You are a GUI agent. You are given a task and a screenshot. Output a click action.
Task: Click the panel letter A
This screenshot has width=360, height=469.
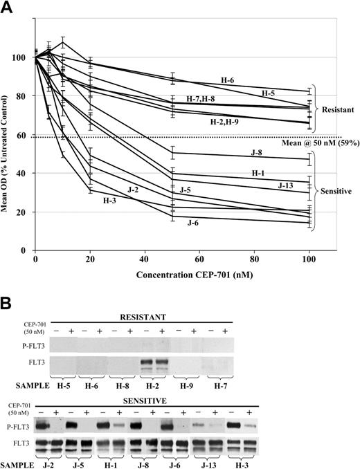(10, 9)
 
